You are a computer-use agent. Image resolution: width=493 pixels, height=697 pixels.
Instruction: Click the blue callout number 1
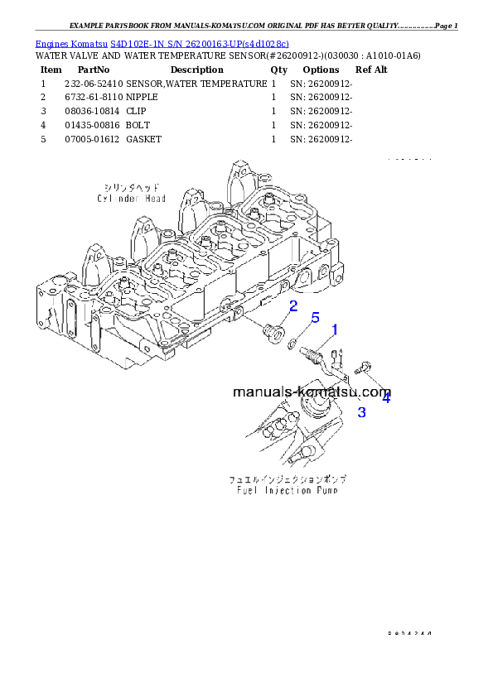[335, 330]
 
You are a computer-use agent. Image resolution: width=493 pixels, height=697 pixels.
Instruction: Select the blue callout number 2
[292, 307]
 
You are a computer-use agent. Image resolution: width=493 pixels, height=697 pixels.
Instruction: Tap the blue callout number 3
[361, 411]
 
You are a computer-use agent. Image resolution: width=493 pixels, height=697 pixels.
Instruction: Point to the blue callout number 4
[385, 397]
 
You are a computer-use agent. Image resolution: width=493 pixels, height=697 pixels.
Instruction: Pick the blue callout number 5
[315, 318]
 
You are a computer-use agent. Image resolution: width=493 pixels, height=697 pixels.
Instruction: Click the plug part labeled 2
[268, 333]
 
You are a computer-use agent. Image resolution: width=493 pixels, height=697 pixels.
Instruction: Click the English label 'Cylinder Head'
[131, 199]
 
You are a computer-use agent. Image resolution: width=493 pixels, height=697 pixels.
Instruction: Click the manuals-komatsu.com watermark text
[312, 392]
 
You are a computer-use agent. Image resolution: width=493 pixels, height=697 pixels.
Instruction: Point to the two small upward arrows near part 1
[337, 358]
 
